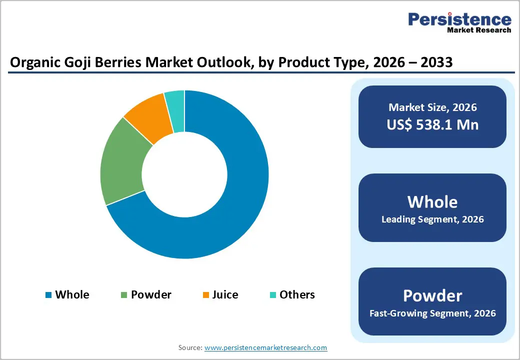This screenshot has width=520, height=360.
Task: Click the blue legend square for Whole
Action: (x=48, y=295)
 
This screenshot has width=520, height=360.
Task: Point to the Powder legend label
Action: (x=151, y=294)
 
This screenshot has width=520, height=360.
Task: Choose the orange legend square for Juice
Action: (x=205, y=295)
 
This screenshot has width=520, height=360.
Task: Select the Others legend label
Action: (x=297, y=294)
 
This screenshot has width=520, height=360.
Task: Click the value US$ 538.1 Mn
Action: (x=432, y=124)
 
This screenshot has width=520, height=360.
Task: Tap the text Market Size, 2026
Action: (x=432, y=107)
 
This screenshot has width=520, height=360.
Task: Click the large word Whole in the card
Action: (x=432, y=201)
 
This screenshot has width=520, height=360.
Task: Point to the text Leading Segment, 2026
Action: (x=432, y=219)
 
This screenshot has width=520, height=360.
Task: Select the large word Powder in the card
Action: (x=432, y=295)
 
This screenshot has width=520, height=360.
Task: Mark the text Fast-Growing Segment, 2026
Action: (x=432, y=313)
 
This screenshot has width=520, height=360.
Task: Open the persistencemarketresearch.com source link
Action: (x=265, y=347)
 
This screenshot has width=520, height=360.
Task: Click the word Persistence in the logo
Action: (x=459, y=19)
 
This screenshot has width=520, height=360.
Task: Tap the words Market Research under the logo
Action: (x=479, y=30)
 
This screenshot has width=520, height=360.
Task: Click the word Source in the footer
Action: (x=189, y=347)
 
